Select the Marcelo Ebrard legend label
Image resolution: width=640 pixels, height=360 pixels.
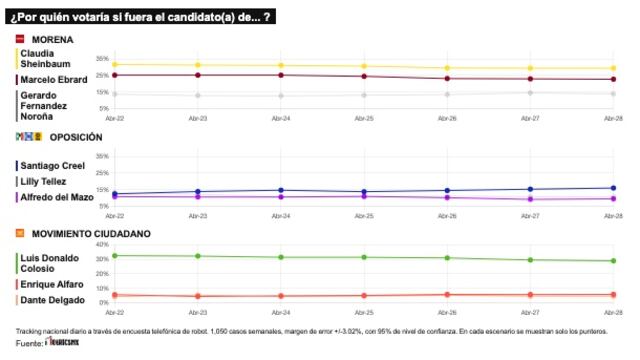pos(51,79)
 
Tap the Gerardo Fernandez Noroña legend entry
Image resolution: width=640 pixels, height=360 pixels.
pos(46,104)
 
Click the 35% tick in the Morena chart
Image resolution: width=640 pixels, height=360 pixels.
pos(101,59)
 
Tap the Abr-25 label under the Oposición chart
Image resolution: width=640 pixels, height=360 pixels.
pos(365,214)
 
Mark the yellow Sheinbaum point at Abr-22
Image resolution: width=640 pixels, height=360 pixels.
pos(114,65)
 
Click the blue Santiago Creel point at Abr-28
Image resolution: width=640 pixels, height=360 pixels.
pos(613,188)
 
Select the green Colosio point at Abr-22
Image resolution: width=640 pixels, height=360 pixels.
pos(114,256)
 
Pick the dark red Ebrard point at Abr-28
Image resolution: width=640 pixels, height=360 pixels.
pos(613,79)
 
